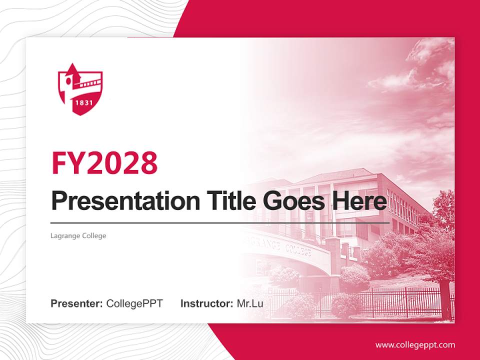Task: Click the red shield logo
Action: tap(80, 90)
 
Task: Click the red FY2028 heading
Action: tap(104, 163)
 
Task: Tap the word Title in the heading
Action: tap(222, 201)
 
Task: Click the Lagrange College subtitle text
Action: tap(78, 235)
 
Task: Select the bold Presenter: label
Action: tap(77, 303)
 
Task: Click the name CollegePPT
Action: tap(134, 303)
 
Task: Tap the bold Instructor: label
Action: tap(206, 303)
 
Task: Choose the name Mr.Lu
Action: tap(250, 303)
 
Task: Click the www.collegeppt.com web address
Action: tap(415, 344)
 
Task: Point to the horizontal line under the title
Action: tap(220, 222)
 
